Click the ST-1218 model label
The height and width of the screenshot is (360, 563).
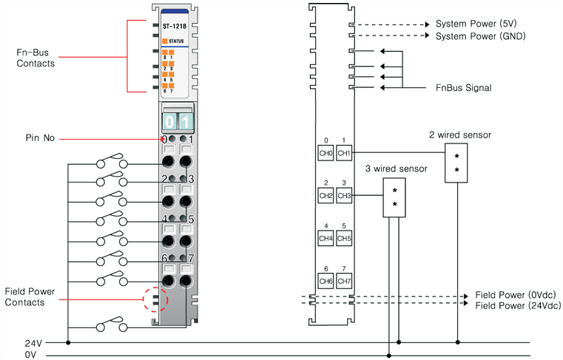click(175, 26)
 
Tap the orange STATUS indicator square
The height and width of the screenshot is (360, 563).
click(165, 41)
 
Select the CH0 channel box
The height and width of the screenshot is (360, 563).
click(326, 153)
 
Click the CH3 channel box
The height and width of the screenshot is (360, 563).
click(344, 196)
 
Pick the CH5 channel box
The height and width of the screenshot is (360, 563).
click(344, 238)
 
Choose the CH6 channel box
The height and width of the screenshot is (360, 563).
click(326, 281)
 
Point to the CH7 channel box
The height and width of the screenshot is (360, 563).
click(344, 281)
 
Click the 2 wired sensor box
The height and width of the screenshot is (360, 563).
click(456, 163)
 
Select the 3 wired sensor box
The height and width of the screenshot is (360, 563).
click(394, 197)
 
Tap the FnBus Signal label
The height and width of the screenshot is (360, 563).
click(464, 88)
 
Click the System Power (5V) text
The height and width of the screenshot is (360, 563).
click(476, 24)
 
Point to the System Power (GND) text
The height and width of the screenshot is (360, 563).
click(480, 36)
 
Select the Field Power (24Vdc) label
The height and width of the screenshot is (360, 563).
click(518, 306)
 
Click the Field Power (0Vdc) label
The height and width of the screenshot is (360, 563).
click(516, 295)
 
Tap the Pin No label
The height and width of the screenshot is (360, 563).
click(40, 138)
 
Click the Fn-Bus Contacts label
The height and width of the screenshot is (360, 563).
click(36, 58)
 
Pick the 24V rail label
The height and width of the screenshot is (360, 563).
click(33, 344)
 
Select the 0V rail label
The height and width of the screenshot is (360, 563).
click(30, 355)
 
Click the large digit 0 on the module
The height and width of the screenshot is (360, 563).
click(169, 122)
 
